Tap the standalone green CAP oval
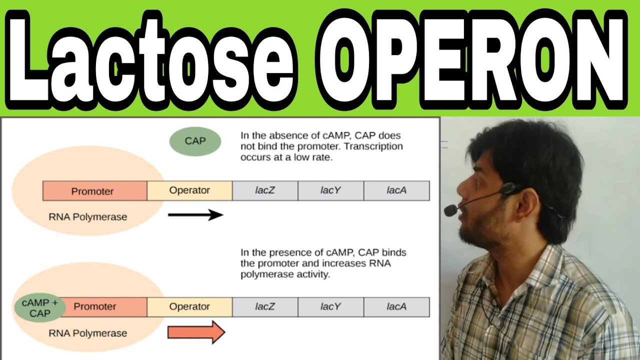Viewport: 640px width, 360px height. point(195,141)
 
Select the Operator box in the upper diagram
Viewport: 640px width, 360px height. point(189,190)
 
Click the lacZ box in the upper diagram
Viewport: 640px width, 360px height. point(265,190)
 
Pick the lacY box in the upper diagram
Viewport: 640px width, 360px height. point(330,190)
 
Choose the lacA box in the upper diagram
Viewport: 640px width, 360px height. point(396,190)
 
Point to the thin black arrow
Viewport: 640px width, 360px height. point(195,215)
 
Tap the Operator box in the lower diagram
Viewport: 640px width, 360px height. point(189,307)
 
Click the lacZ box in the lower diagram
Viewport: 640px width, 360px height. point(265,307)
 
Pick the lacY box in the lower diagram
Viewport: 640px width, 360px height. point(330,307)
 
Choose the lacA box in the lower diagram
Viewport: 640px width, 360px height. point(396,307)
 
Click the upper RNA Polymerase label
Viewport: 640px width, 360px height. point(87,217)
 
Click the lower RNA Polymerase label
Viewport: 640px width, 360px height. point(87,333)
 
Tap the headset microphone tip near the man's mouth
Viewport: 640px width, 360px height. point(450,210)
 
